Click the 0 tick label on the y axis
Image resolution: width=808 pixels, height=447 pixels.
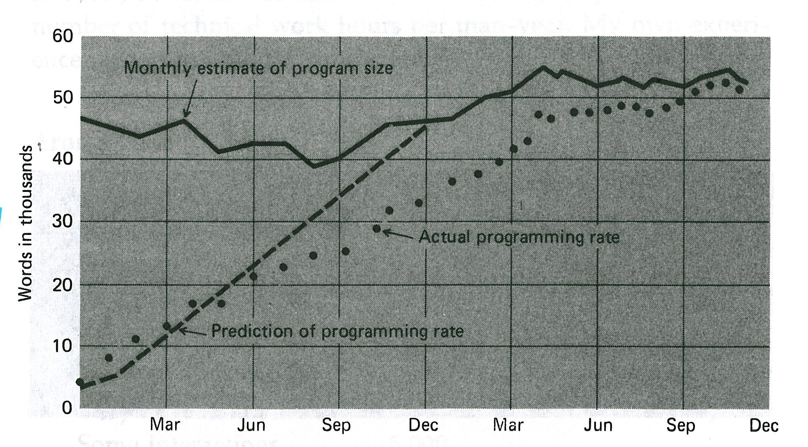66,408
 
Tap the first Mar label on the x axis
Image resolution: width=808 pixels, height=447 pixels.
165,425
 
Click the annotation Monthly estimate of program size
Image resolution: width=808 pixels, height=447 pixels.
258,68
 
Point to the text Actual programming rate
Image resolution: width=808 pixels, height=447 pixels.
519,237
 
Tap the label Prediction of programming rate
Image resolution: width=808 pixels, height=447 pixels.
337,331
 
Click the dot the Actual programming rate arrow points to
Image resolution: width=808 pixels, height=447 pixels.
377,229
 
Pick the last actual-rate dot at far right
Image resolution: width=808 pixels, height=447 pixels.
739,89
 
